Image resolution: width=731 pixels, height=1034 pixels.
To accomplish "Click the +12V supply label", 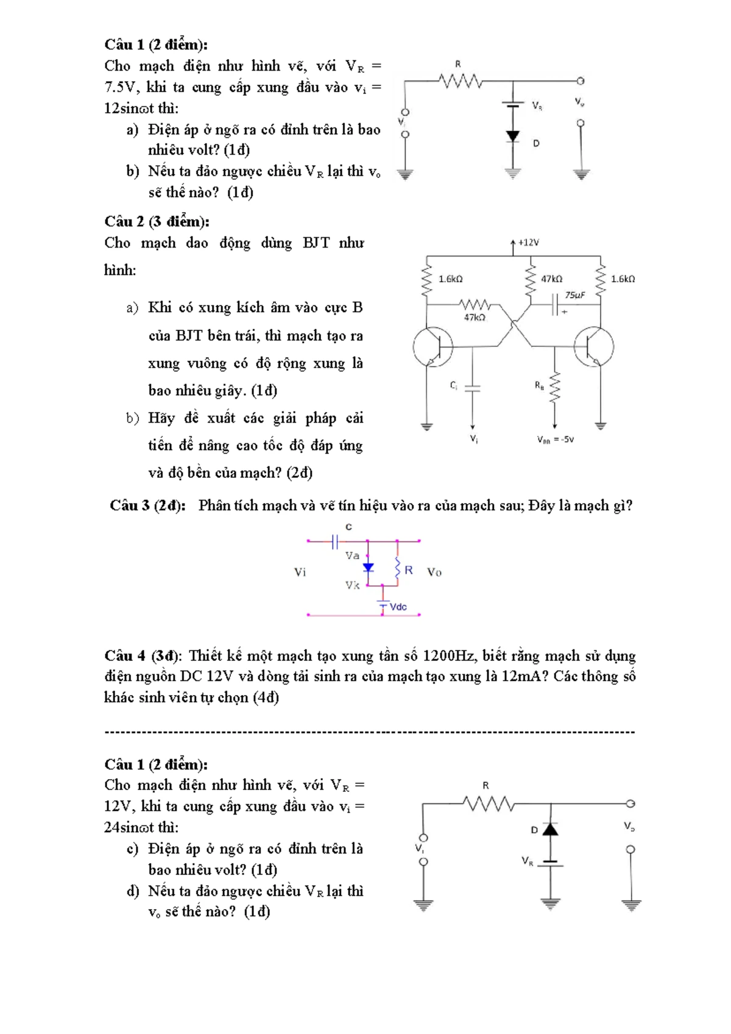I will pos(528,243).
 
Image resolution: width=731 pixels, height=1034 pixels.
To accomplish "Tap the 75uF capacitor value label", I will pos(574,295).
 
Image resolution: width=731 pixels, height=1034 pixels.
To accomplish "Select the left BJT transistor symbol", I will pos(433,347).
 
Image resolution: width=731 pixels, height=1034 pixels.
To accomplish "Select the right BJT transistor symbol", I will pos(593,347).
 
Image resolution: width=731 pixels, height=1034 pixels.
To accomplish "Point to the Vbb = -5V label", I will pos(555,440).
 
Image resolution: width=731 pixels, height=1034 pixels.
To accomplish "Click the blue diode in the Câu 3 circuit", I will pos(368,568).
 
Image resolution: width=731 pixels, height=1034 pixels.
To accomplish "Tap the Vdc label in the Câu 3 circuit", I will pos(398,607).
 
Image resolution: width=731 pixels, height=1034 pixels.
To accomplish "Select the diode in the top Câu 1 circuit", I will pos(513,136).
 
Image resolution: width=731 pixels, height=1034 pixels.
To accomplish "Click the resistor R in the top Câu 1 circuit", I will pos(461,80).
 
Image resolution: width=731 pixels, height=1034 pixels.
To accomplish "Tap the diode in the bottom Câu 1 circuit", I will pos(551,829).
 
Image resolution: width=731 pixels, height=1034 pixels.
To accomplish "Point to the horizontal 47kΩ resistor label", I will pos(475,318).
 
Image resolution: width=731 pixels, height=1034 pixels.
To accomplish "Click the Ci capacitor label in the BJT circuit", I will pos(454,385).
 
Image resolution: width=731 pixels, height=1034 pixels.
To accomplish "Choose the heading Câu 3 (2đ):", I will pos(147,505).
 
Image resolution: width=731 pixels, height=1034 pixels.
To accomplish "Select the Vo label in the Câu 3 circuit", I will pos(434,572).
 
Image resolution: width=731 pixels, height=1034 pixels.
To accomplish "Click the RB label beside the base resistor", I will pos(539,385).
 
